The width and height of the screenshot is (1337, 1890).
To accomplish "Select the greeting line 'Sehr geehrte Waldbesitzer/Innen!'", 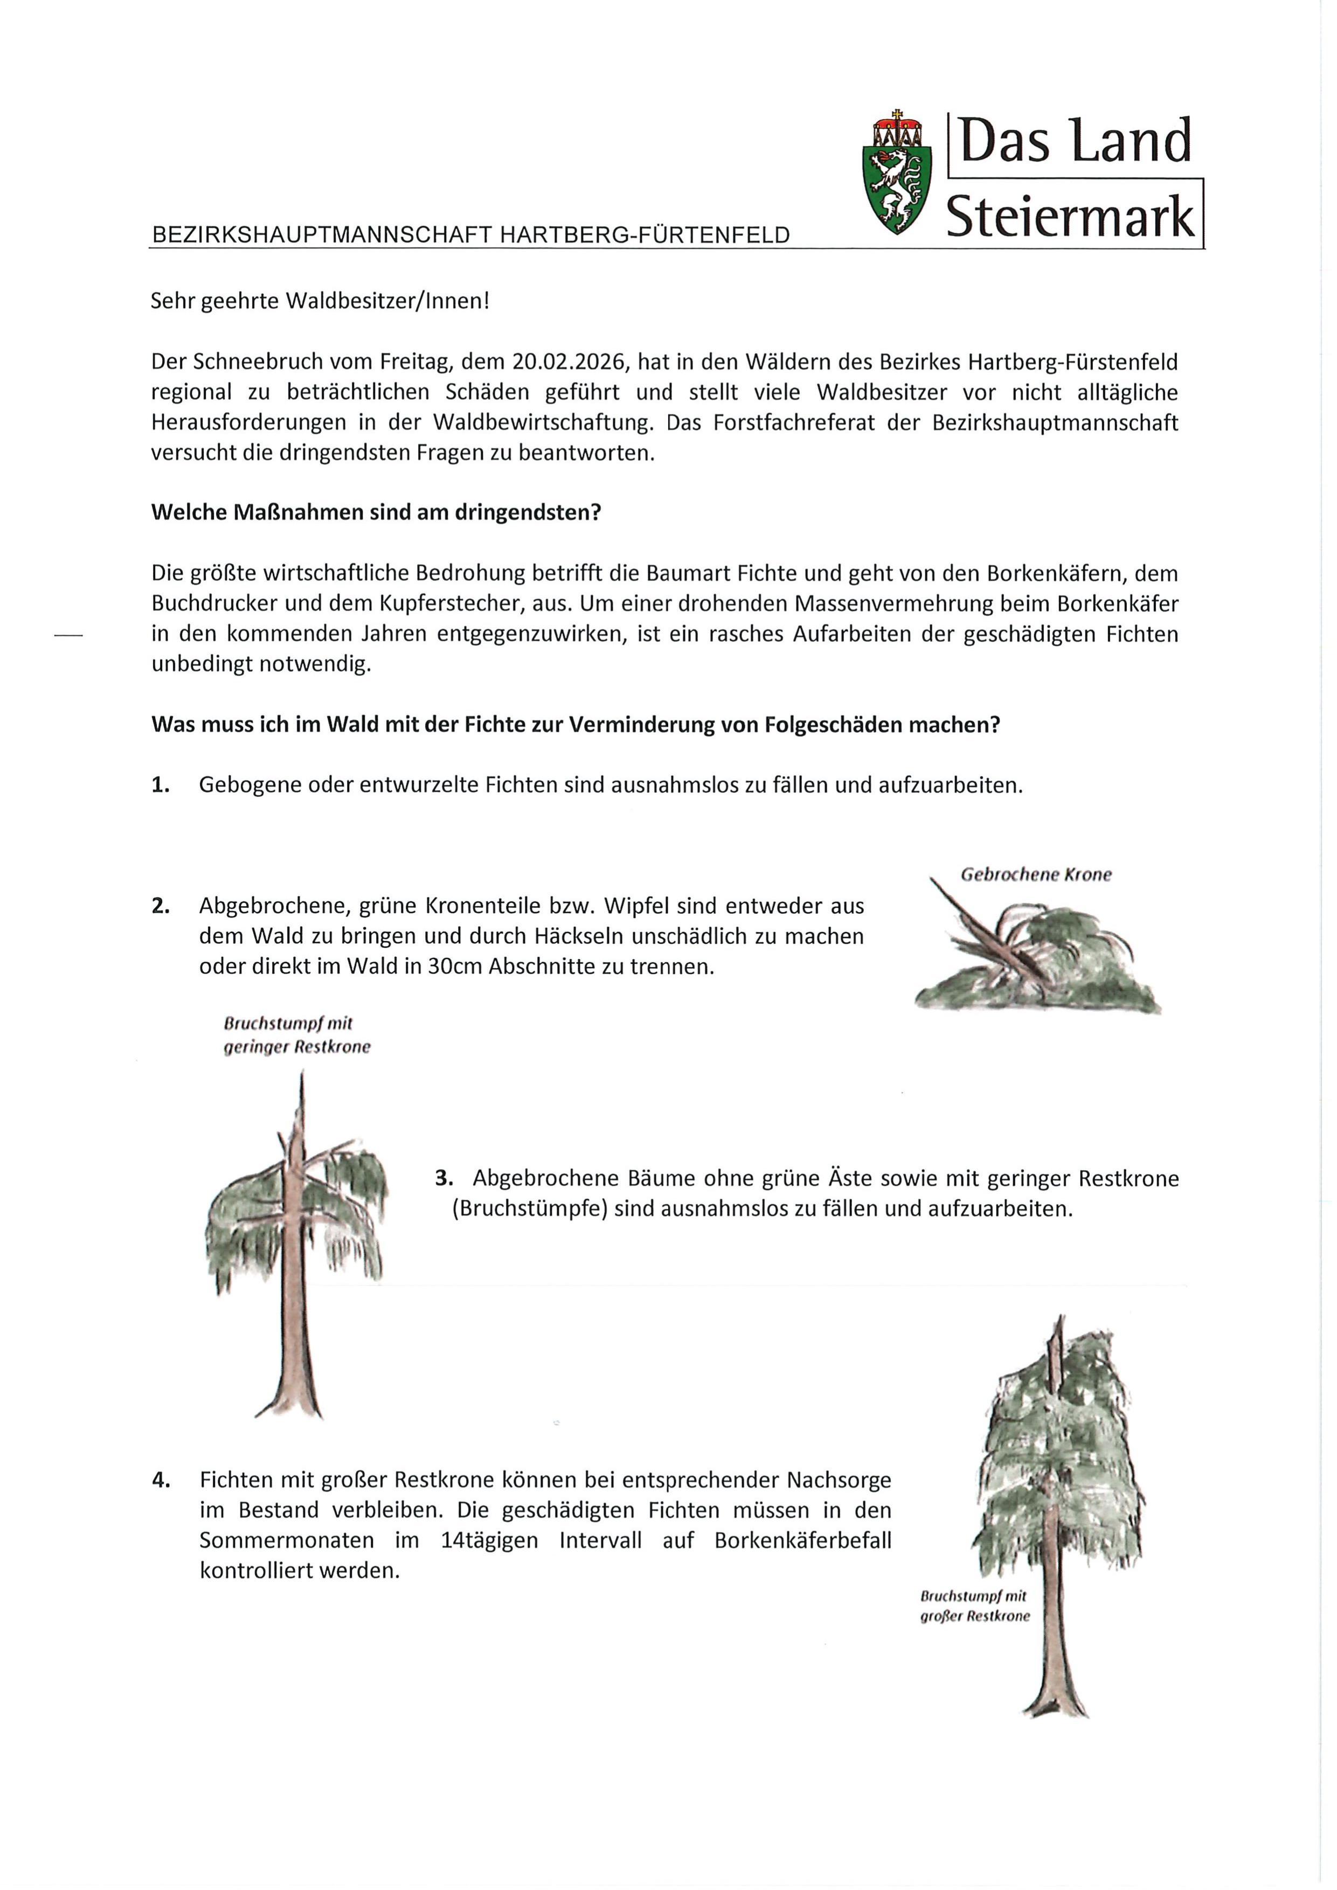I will point(320,301).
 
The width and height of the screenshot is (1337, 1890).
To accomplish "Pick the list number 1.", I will point(161,786).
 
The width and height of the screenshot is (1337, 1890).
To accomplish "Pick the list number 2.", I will point(161,906).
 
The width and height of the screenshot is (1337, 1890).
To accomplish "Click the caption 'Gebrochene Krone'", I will point(1036,875).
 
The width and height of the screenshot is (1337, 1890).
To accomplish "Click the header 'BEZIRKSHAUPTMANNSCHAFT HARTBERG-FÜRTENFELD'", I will point(470,235).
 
